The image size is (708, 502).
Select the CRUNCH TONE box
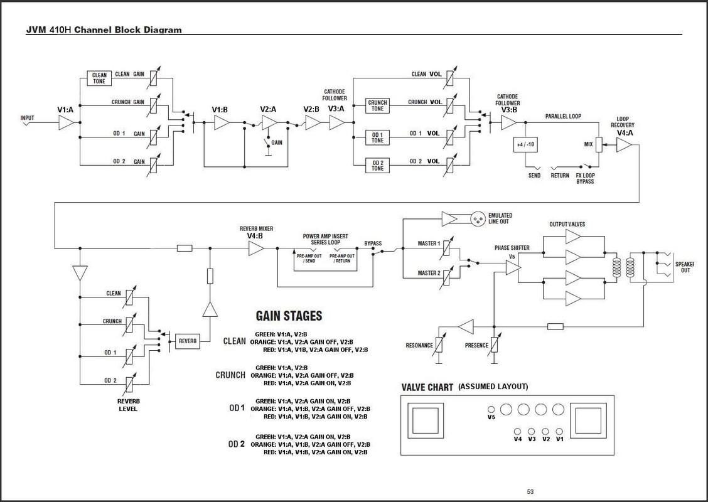(x=377, y=105)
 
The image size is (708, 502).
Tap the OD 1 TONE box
(x=377, y=136)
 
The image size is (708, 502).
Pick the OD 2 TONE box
(x=377, y=165)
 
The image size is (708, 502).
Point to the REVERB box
(x=186, y=341)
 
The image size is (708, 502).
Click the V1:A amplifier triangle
(x=67, y=124)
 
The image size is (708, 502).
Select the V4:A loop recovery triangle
(x=624, y=146)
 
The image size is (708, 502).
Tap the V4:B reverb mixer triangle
(x=256, y=249)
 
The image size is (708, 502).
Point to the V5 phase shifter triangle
(x=513, y=268)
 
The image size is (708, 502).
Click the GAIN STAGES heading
(x=289, y=316)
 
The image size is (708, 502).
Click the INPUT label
(x=27, y=118)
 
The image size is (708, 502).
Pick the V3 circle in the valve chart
(x=532, y=431)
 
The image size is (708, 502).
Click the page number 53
(x=530, y=491)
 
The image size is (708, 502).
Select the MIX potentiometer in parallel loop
(x=599, y=146)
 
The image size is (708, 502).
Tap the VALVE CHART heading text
(x=427, y=387)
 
